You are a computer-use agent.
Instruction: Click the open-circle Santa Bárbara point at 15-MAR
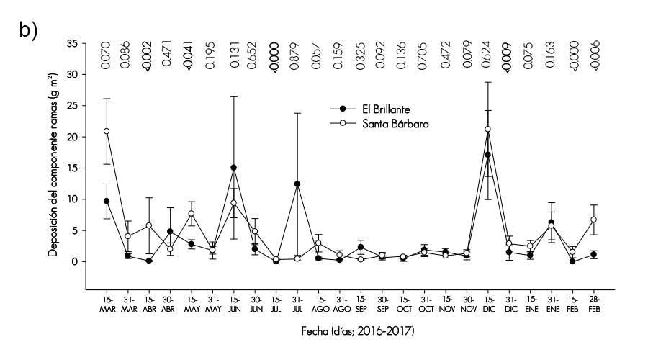point(107,131)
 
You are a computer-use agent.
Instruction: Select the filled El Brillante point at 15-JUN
point(233,168)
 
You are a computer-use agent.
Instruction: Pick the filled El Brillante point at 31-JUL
point(297,184)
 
